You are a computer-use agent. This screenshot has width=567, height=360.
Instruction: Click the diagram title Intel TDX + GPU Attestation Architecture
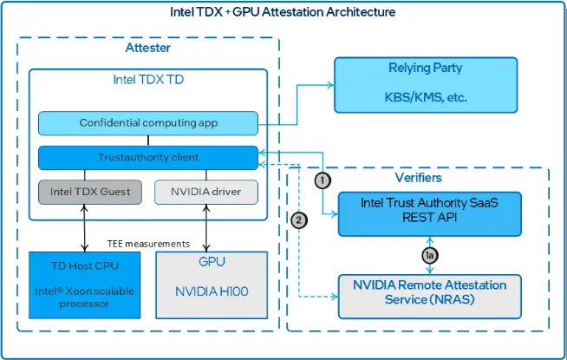tap(283, 12)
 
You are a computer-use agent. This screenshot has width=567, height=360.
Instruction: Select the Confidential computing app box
tap(148, 122)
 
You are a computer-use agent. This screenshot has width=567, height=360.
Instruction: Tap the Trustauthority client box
tap(148, 157)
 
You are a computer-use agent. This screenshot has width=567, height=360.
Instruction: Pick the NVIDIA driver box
tap(205, 192)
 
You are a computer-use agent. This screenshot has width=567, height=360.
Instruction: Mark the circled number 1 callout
tap(323, 180)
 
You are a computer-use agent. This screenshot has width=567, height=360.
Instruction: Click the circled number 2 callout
tap(298, 220)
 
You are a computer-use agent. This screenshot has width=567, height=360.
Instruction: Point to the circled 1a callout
tap(427, 255)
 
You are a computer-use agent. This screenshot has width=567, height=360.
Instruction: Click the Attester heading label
tap(147, 49)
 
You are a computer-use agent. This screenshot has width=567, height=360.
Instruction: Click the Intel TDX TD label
tap(147, 80)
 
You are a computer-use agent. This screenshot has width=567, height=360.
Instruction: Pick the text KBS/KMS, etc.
tap(426, 98)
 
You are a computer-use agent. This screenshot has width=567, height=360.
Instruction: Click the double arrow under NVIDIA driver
tap(205, 227)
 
